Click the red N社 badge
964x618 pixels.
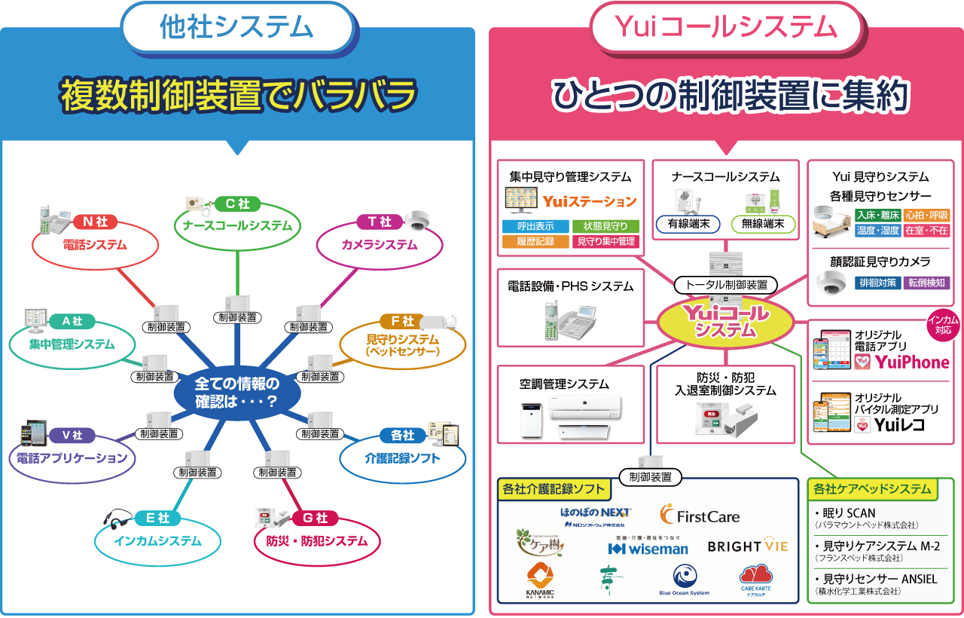[96, 222]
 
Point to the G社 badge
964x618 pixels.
[316, 518]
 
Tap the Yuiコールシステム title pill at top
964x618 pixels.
[726, 27]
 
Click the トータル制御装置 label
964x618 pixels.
[726, 285]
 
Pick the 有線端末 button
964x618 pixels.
[683, 224]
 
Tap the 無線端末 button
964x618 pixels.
[763, 224]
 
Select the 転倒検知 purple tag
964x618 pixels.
[927, 283]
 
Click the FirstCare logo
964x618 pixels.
[700, 516]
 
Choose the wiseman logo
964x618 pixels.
[648, 548]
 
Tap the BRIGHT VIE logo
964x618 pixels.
[747, 546]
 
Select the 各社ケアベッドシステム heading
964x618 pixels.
[871, 489]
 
